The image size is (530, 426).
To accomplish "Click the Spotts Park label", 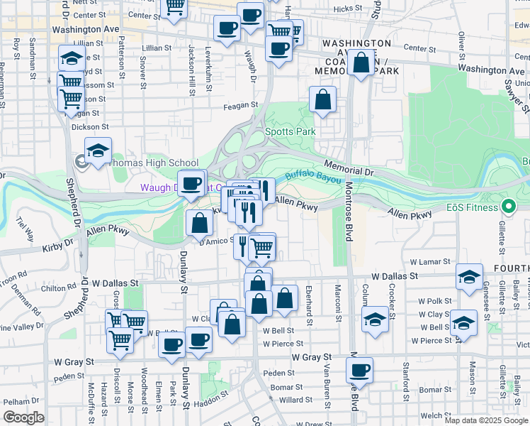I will pyautogui.click(x=290, y=131).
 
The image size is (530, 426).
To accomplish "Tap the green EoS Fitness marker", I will pyautogui.click(x=507, y=207).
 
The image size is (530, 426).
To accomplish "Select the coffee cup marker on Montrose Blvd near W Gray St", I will pyautogui.click(x=360, y=370).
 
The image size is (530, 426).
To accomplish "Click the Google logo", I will pyautogui.click(x=23, y=417).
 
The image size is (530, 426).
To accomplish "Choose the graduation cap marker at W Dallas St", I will pyautogui.click(x=469, y=278).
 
